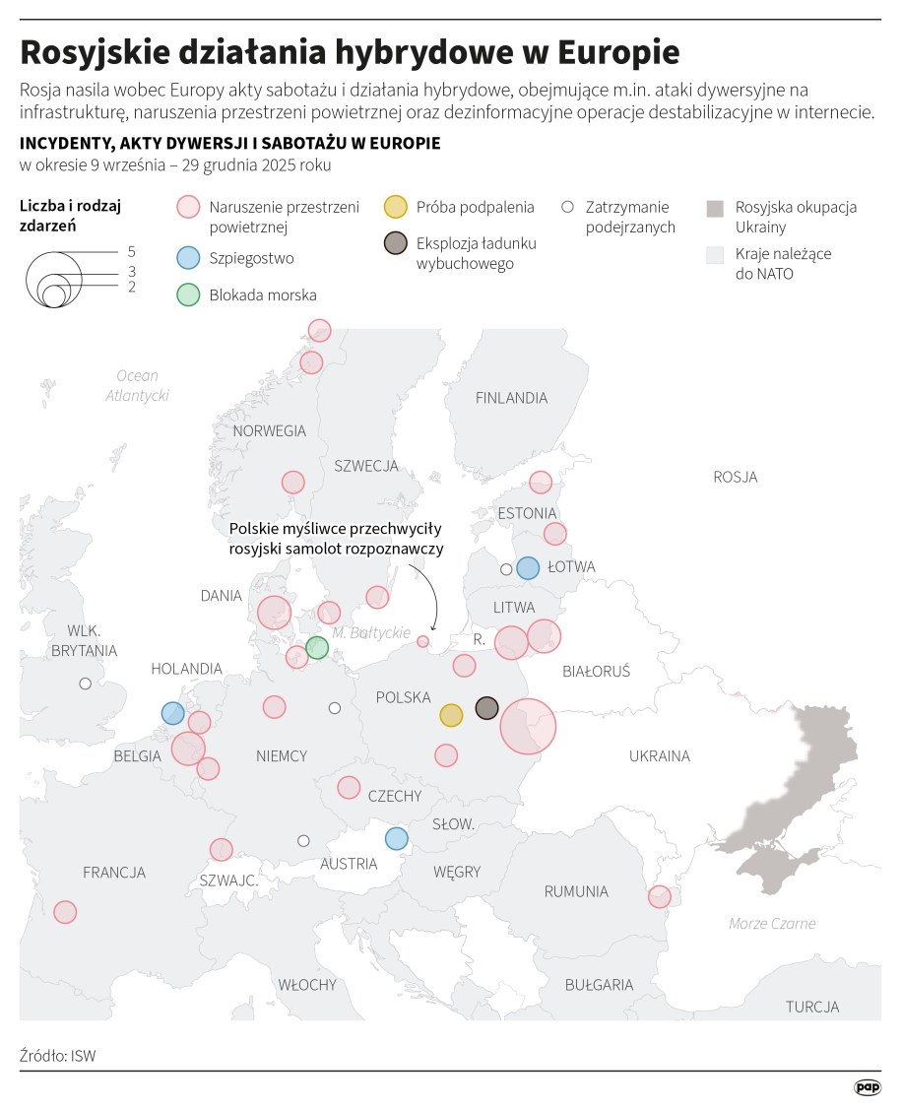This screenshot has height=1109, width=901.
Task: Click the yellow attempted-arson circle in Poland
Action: (x=451, y=715)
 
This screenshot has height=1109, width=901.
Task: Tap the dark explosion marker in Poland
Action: (x=487, y=707)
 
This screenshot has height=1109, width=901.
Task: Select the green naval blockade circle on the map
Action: (x=316, y=647)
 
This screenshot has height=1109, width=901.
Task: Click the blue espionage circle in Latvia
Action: (x=528, y=567)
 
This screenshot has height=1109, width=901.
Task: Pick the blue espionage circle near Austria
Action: (x=396, y=838)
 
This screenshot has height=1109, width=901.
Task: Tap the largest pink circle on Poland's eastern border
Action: (x=528, y=727)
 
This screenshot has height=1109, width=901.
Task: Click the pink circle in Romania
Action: (x=659, y=896)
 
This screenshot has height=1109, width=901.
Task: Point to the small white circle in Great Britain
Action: (x=86, y=684)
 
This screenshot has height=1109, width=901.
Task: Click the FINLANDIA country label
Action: (x=511, y=398)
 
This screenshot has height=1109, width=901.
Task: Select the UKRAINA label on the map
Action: (x=659, y=756)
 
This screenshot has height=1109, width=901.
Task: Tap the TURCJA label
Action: (x=812, y=1007)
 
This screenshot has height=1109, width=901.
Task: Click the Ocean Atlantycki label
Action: (x=137, y=385)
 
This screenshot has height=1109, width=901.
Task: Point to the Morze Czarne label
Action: (x=772, y=923)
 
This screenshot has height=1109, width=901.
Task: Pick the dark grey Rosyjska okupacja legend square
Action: (x=716, y=208)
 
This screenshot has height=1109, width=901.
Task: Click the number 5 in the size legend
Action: (x=131, y=251)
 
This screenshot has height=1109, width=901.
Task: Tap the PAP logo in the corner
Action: (x=867, y=1086)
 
